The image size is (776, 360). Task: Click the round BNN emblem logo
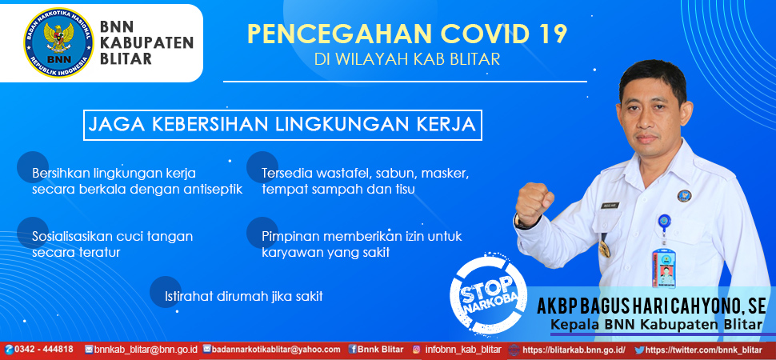58,43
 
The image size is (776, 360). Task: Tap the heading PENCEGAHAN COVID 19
407,34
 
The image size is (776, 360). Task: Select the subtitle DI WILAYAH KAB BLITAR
407,59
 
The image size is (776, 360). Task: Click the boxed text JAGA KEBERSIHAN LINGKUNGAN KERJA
282,124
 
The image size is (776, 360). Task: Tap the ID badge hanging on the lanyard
663,267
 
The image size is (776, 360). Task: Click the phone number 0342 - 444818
39,349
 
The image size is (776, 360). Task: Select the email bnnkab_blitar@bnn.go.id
141,349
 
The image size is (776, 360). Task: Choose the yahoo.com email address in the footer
272,349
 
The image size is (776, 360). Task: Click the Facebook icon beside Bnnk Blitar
352,349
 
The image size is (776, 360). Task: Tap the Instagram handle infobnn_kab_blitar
462,349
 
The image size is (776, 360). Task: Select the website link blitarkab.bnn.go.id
573,350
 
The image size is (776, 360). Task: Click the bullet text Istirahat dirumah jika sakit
243,297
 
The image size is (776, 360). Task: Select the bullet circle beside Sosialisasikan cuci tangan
33,232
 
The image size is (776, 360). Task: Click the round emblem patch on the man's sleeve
685,195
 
